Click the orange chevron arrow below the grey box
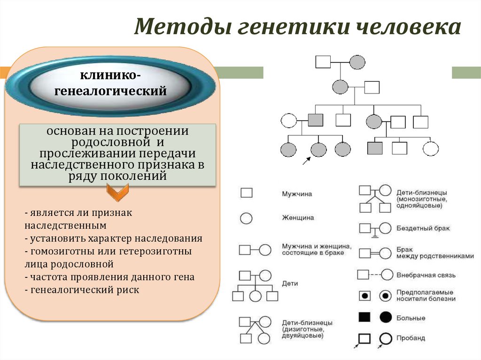tap(116, 191)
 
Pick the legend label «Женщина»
tap(298, 218)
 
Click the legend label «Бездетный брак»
tap(423, 228)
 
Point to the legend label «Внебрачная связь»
tap(426, 275)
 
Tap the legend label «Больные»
tap(411, 318)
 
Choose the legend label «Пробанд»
tap(411, 338)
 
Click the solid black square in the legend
tap(365, 317)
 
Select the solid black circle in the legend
tap(386, 317)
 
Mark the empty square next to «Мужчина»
tap(246, 193)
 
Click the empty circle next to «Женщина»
tap(246, 218)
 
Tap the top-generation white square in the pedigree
tap(323, 61)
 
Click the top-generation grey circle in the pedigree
tap(357, 61)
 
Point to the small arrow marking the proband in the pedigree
tap(306, 161)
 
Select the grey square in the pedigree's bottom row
tap(375, 149)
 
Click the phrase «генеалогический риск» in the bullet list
tap(85, 290)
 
